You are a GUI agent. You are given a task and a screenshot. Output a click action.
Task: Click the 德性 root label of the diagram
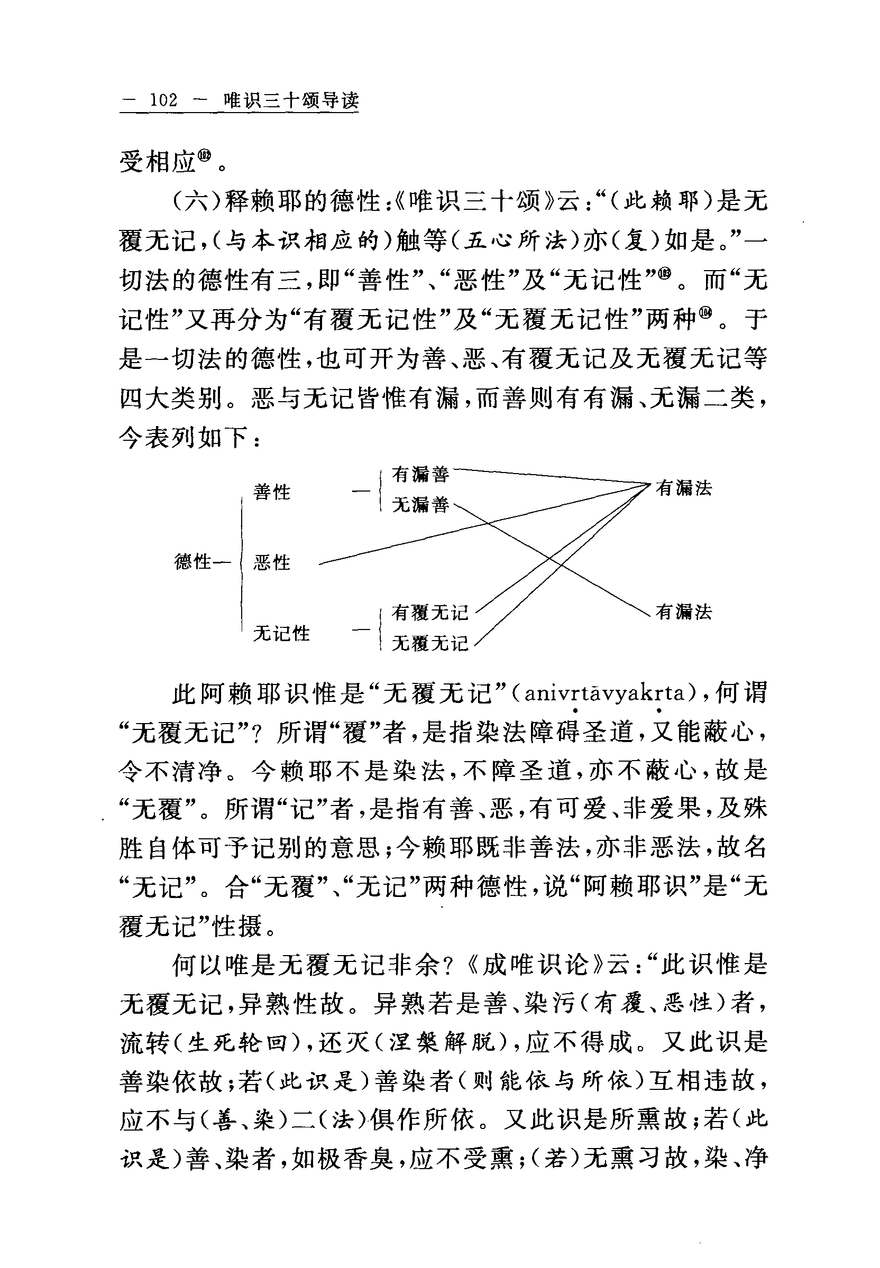pos(193,562)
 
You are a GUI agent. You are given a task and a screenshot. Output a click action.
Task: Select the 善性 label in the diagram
pos(272,492)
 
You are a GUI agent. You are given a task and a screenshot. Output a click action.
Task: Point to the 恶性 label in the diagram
pos(272,562)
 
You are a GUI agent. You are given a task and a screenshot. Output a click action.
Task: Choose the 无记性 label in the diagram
pos(281,633)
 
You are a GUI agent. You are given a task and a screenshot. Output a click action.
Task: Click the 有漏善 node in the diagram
pos(421,474)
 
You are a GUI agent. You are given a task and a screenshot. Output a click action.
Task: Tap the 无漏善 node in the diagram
pos(421,504)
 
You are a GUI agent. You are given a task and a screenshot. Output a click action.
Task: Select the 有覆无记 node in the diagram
pos(430,612)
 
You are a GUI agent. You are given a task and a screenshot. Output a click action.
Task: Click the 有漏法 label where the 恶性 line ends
pos(684,488)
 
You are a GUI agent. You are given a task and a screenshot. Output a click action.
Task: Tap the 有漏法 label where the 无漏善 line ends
pos(684,612)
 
